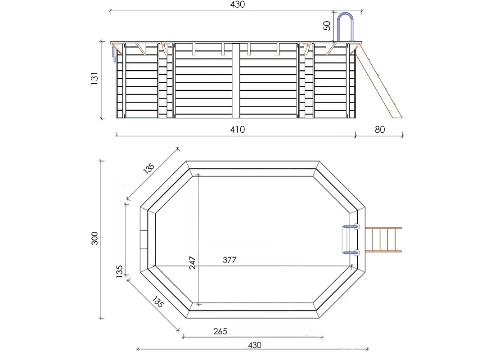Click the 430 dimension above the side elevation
238,4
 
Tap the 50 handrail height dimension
327,26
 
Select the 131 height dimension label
94,78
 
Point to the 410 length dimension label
238,130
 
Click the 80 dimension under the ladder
380,130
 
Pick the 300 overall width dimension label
94,238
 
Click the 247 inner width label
192,263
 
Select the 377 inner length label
229,260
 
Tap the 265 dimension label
220,331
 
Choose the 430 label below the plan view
254,345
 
